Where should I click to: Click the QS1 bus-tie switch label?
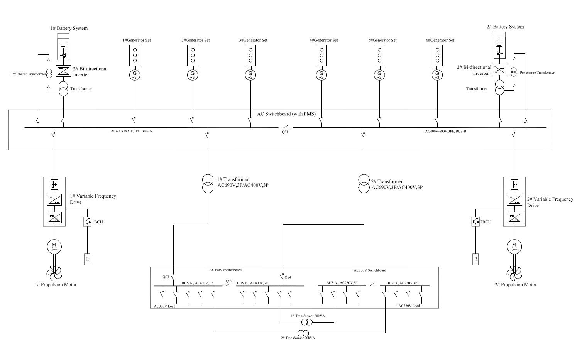pyautogui.click(x=285, y=132)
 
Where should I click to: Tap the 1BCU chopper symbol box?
pyautogui.click(x=87, y=222)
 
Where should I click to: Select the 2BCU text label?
pyautogui.click(x=486, y=222)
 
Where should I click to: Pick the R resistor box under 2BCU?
pyautogui.click(x=476, y=259)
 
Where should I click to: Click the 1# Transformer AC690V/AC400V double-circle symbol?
pyautogui.click(x=208, y=184)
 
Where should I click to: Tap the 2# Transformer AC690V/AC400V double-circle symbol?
pyautogui.click(x=364, y=184)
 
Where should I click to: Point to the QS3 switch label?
pyautogui.click(x=166, y=277)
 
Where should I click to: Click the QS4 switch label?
pyautogui.click(x=288, y=277)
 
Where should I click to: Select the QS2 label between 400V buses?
pyautogui.click(x=229, y=281)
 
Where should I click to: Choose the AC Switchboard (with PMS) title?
pyautogui.click(x=286, y=114)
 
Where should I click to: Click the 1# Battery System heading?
pyautogui.click(x=69, y=28)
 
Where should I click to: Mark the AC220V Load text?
pyautogui.click(x=409, y=306)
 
